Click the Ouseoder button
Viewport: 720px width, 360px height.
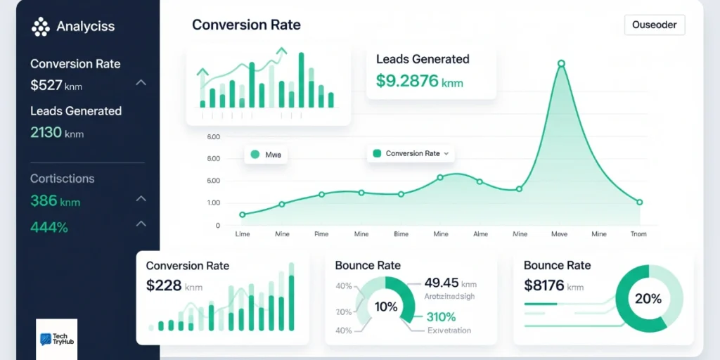pos(654,25)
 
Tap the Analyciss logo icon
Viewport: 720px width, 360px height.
pos(41,27)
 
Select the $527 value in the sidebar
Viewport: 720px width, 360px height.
pos(46,86)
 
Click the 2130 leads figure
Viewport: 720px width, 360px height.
pos(46,132)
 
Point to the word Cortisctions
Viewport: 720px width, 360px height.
pos(62,179)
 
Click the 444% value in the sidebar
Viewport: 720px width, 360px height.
pos(49,227)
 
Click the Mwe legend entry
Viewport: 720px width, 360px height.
pos(265,155)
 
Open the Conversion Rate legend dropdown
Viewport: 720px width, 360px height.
pos(411,153)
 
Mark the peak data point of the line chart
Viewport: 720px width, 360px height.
pos(561,64)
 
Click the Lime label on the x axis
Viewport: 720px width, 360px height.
pos(242,234)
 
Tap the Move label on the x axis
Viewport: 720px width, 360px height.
pos(560,234)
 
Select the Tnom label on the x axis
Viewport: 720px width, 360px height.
pos(638,234)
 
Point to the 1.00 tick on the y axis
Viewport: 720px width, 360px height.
pos(213,203)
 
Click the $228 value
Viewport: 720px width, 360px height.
pos(164,285)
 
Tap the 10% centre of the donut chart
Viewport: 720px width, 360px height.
pos(385,307)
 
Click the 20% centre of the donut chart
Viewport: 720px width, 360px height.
pos(648,299)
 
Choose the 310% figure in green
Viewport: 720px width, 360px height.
pos(441,316)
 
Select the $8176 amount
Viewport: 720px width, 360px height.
pos(544,285)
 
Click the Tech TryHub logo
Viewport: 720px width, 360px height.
pos(56,339)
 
